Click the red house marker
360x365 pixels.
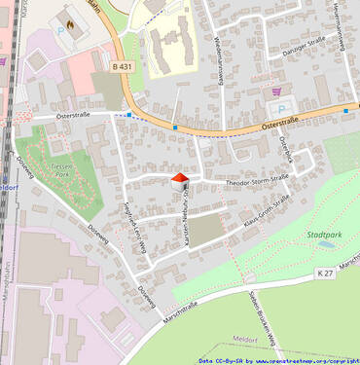pos(179,181)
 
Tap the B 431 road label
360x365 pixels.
pos(121,66)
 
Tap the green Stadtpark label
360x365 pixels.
pos(324,235)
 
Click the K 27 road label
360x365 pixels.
pos(324,276)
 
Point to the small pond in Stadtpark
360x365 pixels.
pos(326,246)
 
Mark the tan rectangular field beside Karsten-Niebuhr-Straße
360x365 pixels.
pos(204,231)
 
